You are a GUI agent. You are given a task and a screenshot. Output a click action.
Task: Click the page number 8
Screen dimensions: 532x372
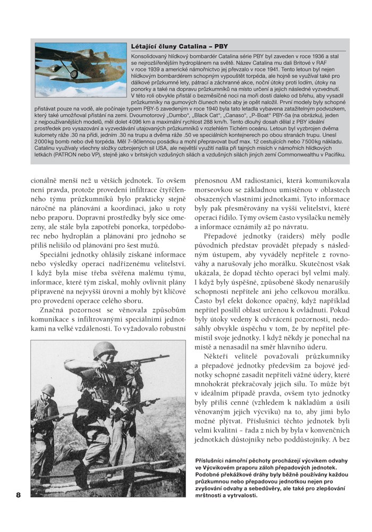pos(18,495)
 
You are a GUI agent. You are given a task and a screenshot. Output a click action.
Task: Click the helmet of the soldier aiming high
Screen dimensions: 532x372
pos(105,350)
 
